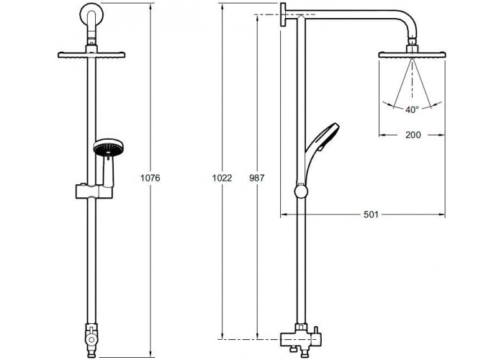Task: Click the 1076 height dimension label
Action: (150, 178)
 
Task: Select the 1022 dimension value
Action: (222, 178)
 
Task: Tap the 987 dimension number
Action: (257, 178)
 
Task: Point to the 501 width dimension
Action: (371, 214)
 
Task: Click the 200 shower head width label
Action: (413, 135)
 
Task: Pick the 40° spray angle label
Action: (412, 110)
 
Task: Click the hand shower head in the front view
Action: (108, 148)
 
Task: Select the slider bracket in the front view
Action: (94, 192)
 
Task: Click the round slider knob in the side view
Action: (301, 192)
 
